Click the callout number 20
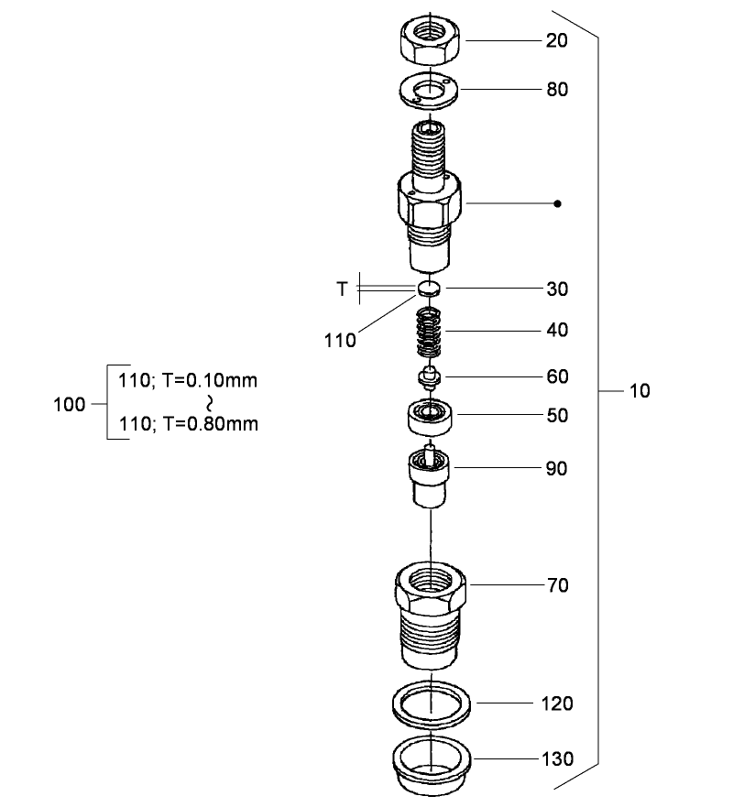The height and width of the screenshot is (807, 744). [x=556, y=41]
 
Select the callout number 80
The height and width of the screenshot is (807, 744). [x=556, y=90]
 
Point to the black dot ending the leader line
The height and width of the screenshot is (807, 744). [x=557, y=203]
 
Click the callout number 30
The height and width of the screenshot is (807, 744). [x=556, y=289]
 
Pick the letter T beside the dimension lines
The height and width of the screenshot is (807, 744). [x=342, y=289]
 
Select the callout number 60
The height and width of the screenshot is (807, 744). [x=556, y=376]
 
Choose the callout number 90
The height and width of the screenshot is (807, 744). [x=556, y=469]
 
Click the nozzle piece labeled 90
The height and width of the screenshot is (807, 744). [x=429, y=477]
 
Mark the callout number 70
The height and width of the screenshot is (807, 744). [x=556, y=585]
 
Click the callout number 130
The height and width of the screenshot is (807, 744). [x=556, y=759]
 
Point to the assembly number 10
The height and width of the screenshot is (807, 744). [x=639, y=392]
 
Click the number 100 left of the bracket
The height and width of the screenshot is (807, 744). [x=70, y=404]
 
